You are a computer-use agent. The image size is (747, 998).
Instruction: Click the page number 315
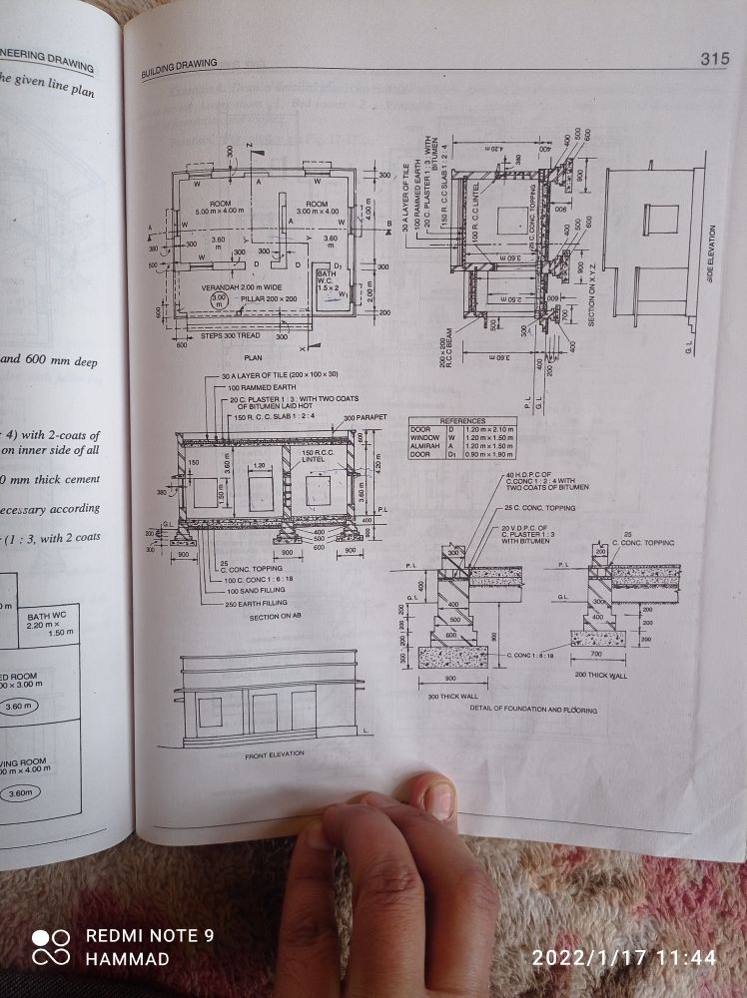pyautogui.click(x=714, y=59)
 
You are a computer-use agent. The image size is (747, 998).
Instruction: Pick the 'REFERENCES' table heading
pyautogui.click(x=462, y=421)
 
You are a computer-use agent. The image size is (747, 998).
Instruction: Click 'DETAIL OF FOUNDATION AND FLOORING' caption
pyautogui.click(x=533, y=709)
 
